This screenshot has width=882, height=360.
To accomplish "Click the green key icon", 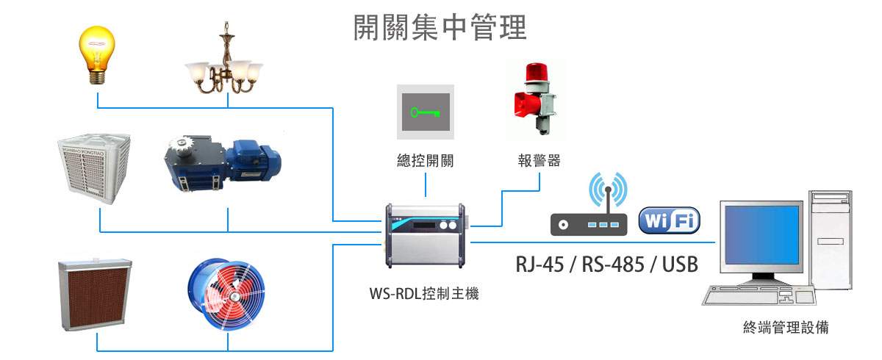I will click(x=426, y=112).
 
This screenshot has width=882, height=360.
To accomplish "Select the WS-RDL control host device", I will click(x=424, y=234).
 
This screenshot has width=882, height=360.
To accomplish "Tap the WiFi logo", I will click(x=669, y=220).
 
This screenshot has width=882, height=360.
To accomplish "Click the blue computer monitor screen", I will click(x=761, y=236).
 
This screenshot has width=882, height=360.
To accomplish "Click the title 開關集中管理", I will click(x=440, y=28).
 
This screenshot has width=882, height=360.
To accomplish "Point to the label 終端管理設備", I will click(x=785, y=328).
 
